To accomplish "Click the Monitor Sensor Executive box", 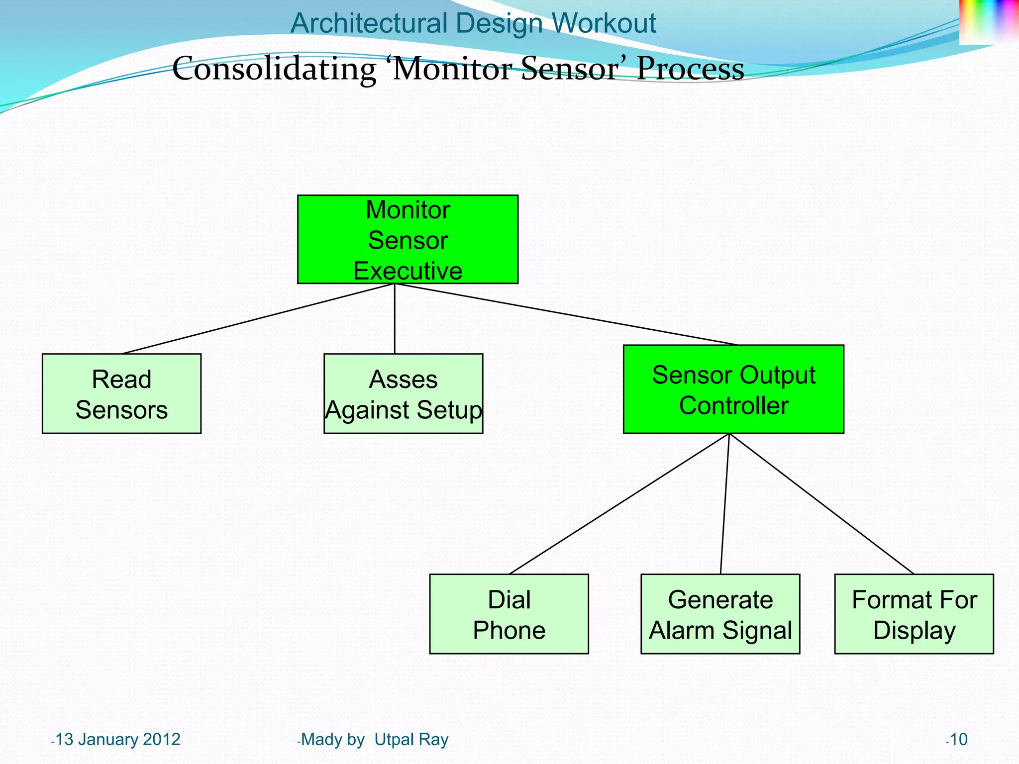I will click(408, 239).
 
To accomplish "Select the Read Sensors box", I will click(121, 393).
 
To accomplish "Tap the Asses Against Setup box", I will click(403, 393).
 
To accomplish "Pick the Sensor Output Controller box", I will click(733, 389).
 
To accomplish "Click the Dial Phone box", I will click(509, 614).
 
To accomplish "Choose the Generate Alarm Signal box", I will click(720, 614).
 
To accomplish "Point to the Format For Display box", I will click(914, 614).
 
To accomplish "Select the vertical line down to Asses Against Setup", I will click(395, 318).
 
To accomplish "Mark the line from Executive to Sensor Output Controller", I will click(566, 314).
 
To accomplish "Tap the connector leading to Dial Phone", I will click(619, 504).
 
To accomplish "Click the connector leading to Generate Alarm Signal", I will click(725, 504).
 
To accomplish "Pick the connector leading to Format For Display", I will click(821, 504).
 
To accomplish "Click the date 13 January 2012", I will click(117, 740).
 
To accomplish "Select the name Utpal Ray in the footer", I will click(411, 740).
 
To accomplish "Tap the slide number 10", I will click(958, 740).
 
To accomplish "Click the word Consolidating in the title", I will click(274, 69).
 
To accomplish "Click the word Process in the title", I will click(690, 69).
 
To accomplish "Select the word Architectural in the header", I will click(369, 23).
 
